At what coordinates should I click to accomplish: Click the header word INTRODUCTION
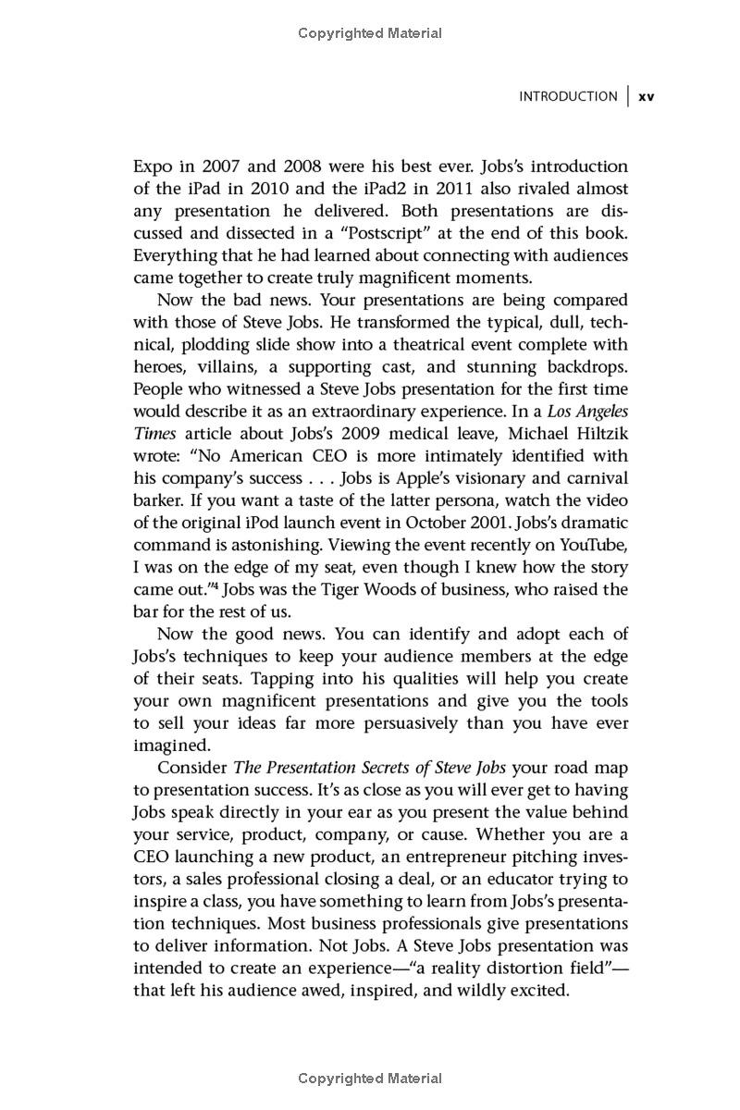click(568, 96)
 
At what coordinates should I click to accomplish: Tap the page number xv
click(647, 97)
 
